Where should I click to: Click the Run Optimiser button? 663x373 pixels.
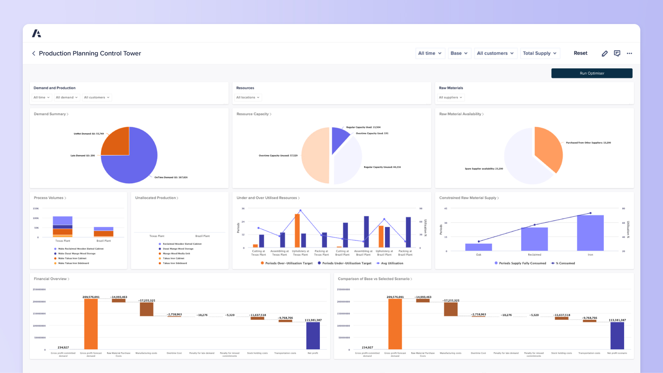592,73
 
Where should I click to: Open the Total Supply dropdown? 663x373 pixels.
540,53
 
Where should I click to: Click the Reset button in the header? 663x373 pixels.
580,53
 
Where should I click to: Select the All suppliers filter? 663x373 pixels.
450,97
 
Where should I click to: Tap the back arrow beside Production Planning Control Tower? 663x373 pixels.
34,53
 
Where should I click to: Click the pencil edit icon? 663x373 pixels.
605,53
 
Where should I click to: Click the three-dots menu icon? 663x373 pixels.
629,53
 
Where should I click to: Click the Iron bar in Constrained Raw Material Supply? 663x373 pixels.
590,233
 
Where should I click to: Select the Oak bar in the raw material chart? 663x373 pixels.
479,247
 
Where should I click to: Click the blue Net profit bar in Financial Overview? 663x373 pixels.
313,336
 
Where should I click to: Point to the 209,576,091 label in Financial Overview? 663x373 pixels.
91,297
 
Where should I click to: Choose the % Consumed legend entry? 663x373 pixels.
565,263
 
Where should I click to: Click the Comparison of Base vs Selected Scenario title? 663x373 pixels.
374,279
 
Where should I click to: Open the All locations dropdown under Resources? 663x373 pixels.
248,97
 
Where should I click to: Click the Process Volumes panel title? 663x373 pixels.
49,198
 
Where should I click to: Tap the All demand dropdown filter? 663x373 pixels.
67,97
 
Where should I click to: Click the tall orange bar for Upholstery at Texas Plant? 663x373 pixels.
297,230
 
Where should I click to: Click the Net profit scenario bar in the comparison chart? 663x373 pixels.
617,336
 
